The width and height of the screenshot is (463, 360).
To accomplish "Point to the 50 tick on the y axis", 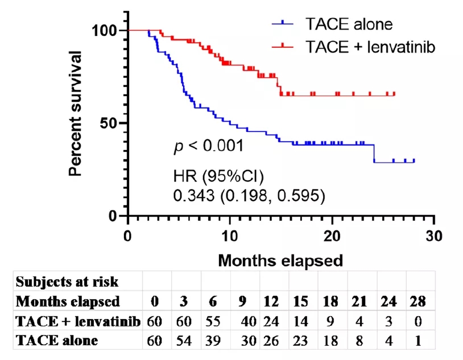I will (111, 123).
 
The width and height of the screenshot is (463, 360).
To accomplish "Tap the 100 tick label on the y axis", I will (105, 30).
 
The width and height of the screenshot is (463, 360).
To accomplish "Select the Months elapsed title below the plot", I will (280, 261).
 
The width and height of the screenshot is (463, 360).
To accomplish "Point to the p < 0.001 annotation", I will (208, 146).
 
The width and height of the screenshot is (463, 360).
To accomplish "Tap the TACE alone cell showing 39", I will (215, 341).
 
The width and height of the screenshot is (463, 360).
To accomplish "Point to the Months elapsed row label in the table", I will (68, 301).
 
